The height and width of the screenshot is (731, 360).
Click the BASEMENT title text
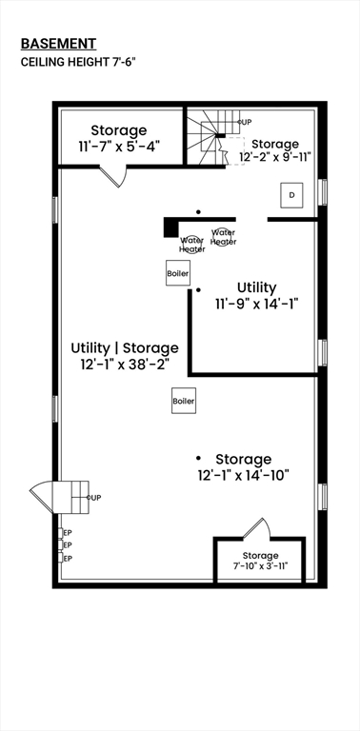point(58,43)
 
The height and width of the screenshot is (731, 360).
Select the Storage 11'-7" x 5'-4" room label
point(119,138)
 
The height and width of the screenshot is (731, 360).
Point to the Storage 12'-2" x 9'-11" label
point(282,151)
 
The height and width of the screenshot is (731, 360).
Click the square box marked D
point(292,195)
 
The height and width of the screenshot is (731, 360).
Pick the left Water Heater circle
point(192,244)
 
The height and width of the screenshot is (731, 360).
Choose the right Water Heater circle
point(223,236)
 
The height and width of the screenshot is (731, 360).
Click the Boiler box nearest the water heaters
point(178,273)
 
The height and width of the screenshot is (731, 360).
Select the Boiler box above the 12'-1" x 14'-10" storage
point(184,402)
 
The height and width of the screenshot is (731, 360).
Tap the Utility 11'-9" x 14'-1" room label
point(256,295)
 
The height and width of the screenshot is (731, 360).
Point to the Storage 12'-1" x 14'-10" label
point(243,466)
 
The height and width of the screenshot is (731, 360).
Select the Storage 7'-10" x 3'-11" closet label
point(260,561)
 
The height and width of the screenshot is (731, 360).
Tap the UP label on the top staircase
point(245,123)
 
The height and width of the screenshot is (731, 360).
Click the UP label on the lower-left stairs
point(94,498)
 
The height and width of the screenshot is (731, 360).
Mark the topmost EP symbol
point(66,532)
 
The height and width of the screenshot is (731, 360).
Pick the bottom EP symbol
point(66,558)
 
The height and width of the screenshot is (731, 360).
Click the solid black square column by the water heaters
point(170,227)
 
